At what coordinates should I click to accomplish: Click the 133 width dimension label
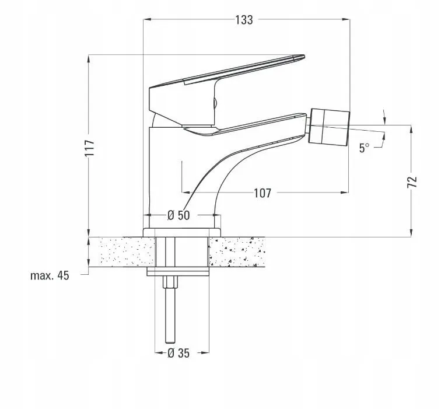[244, 20]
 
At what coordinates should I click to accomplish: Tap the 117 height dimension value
[90, 148]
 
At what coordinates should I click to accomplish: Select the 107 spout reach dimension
[262, 193]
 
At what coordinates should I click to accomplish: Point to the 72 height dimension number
[412, 182]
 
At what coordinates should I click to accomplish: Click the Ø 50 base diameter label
[178, 215]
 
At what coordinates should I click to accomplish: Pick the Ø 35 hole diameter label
[178, 353]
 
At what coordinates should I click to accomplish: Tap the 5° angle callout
[364, 148]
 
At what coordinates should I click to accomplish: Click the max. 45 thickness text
[50, 276]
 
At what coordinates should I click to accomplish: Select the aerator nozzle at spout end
[330, 127]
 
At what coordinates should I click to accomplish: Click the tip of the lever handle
[304, 57]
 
